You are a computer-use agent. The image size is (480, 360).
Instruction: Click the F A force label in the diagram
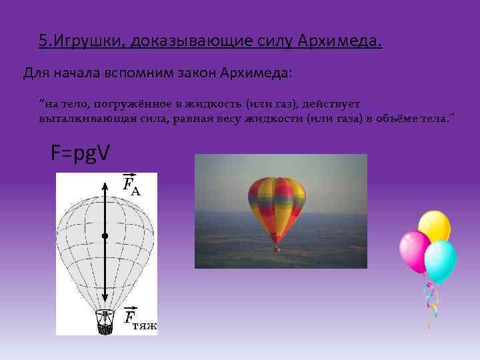tap(131, 184)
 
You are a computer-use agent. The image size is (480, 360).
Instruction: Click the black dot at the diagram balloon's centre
tap(105, 236)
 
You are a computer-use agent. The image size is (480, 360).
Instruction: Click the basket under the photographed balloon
tap(276, 249)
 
